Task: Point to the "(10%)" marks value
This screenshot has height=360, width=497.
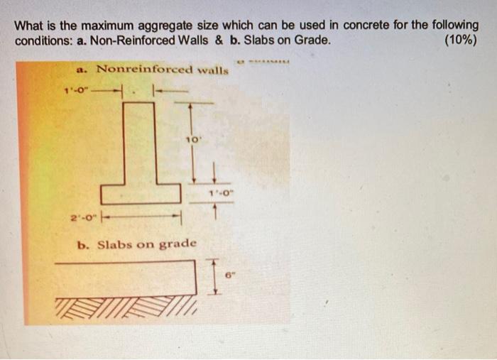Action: pyautogui.click(x=459, y=40)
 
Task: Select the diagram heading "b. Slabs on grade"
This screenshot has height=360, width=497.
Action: pyautogui.click(x=136, y=244)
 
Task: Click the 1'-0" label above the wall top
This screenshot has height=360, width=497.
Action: pyautogui.click(x=73, y=89)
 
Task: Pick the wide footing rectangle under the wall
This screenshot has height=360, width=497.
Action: pyautogui.click(x=139, y=193)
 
